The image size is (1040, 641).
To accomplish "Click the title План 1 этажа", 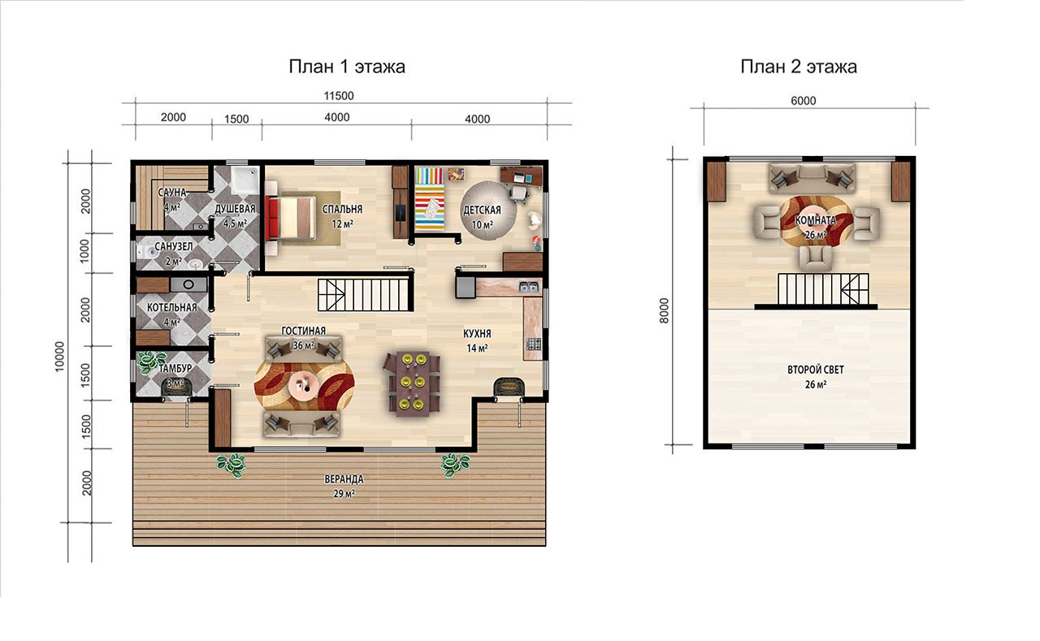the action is point(347,67).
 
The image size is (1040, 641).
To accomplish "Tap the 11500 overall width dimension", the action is point(339,96).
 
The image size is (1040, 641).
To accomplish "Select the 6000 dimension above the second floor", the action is point(804,101).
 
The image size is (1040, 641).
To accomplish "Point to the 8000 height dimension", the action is point(665,311).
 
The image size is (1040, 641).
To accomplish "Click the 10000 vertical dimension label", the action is point(59,357).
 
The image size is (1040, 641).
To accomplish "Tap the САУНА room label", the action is point(171,193).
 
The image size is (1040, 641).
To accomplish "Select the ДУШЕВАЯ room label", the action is point(235,209).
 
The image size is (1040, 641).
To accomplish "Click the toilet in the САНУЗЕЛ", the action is point(147,252).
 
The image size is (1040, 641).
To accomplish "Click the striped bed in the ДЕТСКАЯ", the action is point(430,199).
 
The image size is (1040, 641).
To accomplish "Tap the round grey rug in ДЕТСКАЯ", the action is point(487,210).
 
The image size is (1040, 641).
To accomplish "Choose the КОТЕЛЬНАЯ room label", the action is point(171,307).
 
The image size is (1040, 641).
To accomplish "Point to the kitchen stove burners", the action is point(534,344).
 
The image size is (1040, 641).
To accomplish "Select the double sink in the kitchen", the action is point(529,287).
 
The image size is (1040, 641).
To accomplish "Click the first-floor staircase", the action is point(366,295).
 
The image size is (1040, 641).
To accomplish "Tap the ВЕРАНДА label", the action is point(344,479).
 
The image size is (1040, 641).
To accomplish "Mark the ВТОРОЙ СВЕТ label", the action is point(815,370).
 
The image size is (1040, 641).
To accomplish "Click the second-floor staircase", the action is point(823,290).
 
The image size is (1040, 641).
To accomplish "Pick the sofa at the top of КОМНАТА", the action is point(812,178).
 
